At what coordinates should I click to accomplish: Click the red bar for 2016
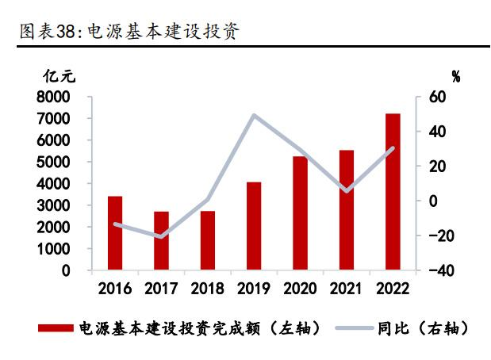[x=115, y=233]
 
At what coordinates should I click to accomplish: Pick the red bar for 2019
[x=254, y=226]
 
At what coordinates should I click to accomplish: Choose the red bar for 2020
[x=300, y=213]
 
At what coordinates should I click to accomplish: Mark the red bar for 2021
[x=347, y=210]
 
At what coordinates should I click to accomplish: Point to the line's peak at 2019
[x=254, y=116]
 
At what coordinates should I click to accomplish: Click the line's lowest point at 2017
[x=161, y=236]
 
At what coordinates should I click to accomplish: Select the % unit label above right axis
[x=455, y=77]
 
